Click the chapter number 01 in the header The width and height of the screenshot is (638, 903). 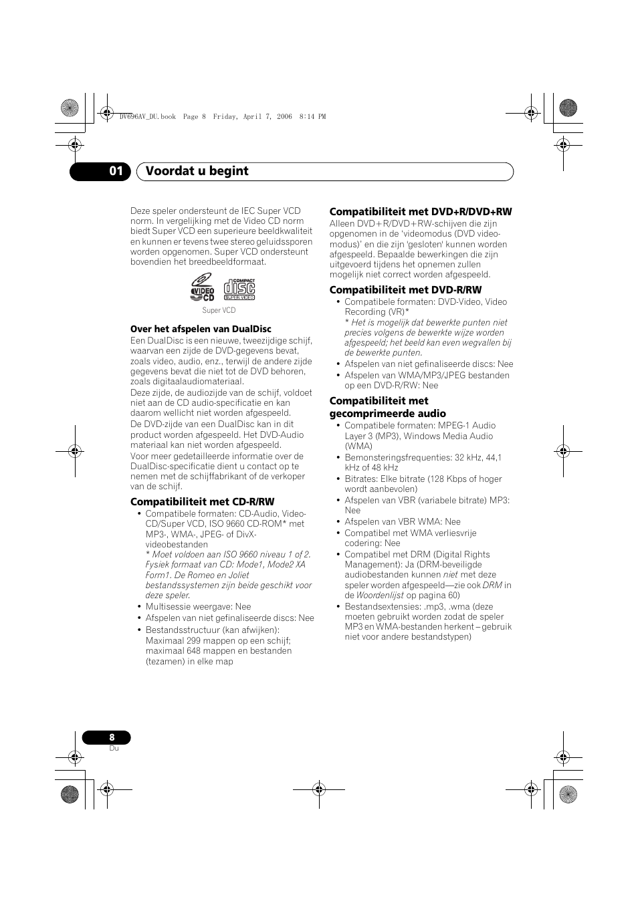pos(116,171)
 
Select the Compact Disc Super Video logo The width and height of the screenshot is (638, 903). pos(239,289)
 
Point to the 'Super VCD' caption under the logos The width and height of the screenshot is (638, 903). pos(219,310)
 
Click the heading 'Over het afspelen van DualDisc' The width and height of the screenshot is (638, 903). pos(201,329)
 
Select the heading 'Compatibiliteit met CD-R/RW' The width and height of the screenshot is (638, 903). pos(202,502)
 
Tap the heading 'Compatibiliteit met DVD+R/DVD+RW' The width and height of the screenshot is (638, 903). pos(420,212)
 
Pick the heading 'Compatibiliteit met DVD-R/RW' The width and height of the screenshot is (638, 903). pos(405,290)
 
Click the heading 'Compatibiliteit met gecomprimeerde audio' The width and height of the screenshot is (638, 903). pos(387,407)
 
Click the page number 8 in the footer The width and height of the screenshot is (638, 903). pos(112,737)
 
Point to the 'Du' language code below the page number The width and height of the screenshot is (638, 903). pos(114,748)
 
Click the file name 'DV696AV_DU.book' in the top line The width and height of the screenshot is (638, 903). pos(147,116)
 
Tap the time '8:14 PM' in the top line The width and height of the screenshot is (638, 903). pos(312,116)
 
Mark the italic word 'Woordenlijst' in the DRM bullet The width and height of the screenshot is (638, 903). pos(379,595)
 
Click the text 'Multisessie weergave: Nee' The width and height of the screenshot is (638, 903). pos(198,607)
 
